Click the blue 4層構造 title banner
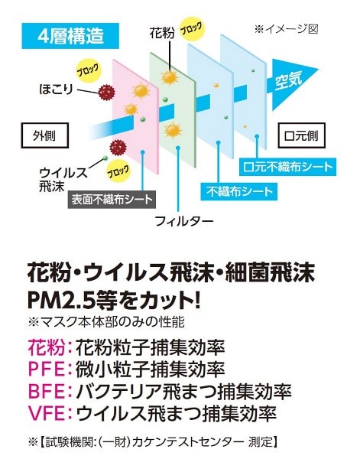tap(70, 36)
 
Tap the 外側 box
tap(44, 135)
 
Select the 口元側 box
tap(301, 135)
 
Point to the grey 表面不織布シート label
tap(112, 200)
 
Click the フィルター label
tap(183, 221)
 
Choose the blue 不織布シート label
tap(239, 192)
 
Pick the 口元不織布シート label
tap(287, 167)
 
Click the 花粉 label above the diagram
tap(162, 33)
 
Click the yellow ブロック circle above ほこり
tap(88, 70)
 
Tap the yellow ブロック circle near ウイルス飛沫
tap(117, 172)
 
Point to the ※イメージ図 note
tap(286, 29)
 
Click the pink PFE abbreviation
tap(47, 369)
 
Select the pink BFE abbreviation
tap(47, 392)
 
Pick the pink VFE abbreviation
tap(47, 413)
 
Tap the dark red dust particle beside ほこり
tap(106, 92)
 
